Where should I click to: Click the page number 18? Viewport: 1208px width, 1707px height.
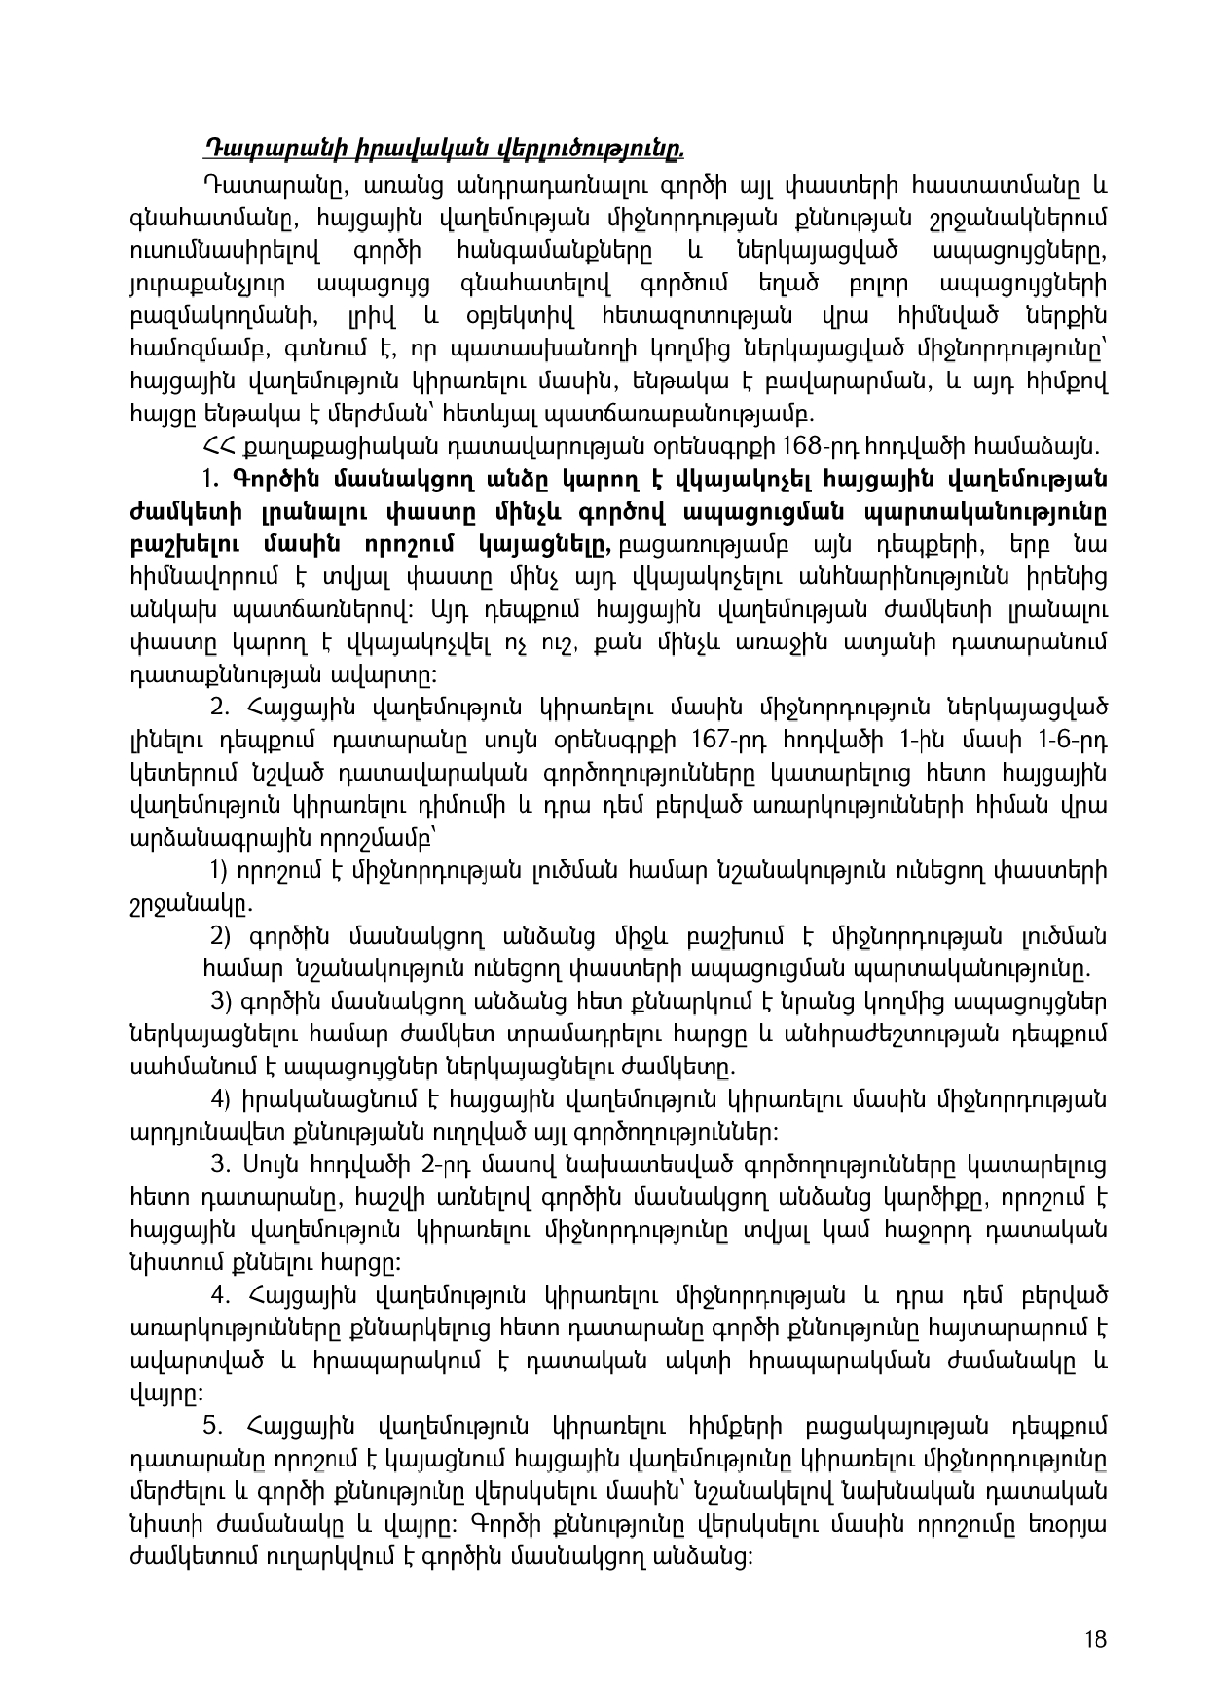point(1098,1639)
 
